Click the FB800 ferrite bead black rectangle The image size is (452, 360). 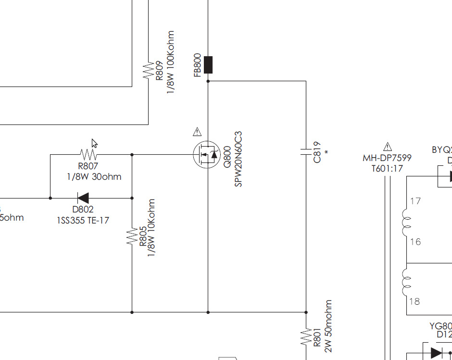tap(208, 65)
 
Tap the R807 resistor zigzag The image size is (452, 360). tap(88, 154)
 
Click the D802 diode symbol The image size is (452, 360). tap(83, 198)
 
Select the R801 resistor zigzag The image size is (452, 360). tap(306, 337)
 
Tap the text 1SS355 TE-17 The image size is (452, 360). tap(83, 220)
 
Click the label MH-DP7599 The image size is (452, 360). tap(387, 158)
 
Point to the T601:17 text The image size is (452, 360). tap(387, 168)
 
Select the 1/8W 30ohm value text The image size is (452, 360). tap(94, 176)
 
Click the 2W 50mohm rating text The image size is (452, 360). tap(328, 326)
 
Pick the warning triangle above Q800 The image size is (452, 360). tap(197, 131)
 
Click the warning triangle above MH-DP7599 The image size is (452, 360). tap(388, 147)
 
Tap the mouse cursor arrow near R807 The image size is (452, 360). tap(95, 143)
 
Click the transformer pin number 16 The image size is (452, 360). tap(415, 242)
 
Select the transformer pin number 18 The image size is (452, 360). tap(414, 301)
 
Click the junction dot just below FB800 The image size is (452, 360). tap(208, 81)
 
